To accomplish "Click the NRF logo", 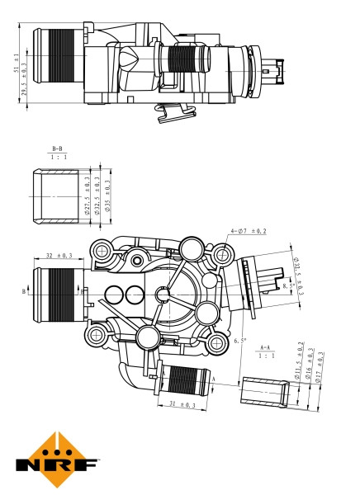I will pos(56,459).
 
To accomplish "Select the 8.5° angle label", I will pos(287,285).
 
